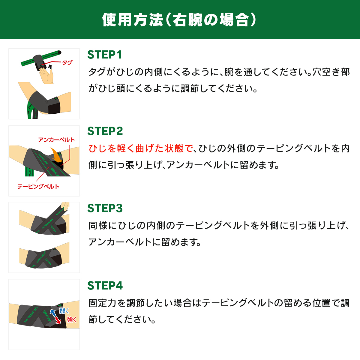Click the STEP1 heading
(105, 55)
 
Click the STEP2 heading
(105, 131)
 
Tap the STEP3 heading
(105, 208)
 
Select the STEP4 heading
(105, 286)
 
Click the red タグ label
(67, 62)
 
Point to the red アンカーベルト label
(56, 140)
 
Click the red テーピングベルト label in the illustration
(38, 186)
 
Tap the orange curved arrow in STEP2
(57, 155)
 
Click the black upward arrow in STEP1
(50, 67)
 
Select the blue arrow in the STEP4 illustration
(53, 313)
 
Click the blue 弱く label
(64, 311)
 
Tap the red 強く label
(72, 320)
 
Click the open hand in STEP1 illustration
(46, 75)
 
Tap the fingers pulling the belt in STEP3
(65, 206)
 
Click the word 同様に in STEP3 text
(103, 226)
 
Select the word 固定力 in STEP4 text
(103, 303)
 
